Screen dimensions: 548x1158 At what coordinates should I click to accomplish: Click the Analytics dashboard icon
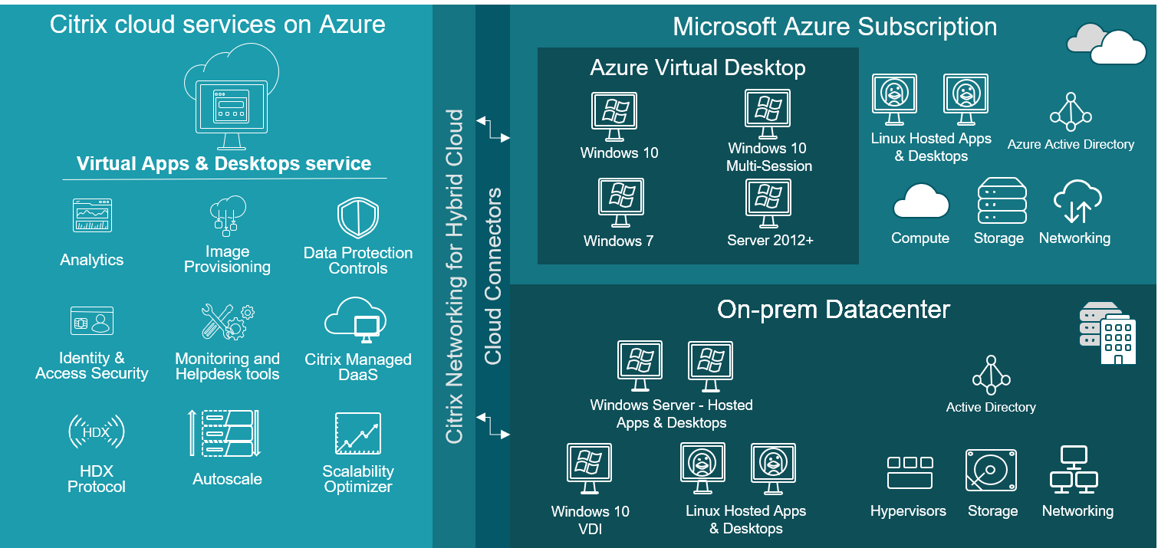[x=92, y=215]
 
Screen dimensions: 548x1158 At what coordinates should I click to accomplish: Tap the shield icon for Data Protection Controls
[x=358, y=218]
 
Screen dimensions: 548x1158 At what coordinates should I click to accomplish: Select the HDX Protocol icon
[x=96, y=432]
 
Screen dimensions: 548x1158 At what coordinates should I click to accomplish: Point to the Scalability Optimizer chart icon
[x=358, y=434]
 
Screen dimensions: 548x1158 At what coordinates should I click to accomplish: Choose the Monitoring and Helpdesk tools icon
[x=228, y=322]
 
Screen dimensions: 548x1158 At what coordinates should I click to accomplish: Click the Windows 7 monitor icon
[x=620, y=202]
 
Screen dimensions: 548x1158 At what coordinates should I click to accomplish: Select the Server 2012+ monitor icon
[x=768, y=202]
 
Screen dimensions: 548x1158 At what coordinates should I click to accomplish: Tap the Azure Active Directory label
[x=1071, y=144]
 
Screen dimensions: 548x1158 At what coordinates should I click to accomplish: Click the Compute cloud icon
[x=920, y=202]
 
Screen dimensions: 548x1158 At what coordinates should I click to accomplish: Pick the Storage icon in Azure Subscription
[x=1002, y=201]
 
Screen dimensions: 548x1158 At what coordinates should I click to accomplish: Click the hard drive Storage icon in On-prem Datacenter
[x=991, y=471]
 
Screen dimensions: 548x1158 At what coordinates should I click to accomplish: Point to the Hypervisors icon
[x=910, y=472]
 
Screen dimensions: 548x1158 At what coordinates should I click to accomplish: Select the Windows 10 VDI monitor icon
[x=589, y=468]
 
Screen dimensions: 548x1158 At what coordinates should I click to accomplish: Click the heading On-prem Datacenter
[x=833, y=310]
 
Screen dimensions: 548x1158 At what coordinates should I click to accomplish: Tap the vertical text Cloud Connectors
[x=492, y=276]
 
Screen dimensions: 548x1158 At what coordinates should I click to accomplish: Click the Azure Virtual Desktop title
[x=697, y=67]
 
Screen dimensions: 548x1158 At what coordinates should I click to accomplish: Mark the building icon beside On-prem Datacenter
[x=1107, y=333]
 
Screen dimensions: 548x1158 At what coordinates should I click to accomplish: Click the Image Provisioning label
[x=227, y=259]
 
